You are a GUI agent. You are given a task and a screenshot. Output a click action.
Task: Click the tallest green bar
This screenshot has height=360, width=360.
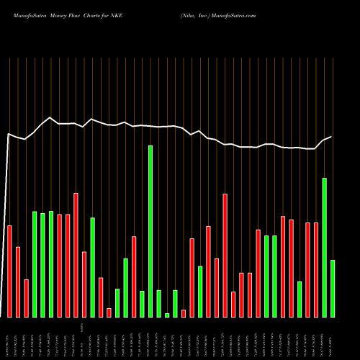[x=150, y=231]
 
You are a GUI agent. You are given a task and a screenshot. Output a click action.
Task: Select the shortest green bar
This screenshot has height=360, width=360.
[x=167, y=315]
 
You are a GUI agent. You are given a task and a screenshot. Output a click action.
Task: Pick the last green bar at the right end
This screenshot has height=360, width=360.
[x=333, y=288]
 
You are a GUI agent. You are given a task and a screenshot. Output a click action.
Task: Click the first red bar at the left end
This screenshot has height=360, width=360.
[x=9, y=271]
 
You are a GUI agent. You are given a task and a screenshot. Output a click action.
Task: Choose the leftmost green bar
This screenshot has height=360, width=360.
[x=35, y=264]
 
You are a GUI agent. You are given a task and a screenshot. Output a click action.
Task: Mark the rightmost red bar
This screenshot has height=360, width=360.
[x=316, y=270]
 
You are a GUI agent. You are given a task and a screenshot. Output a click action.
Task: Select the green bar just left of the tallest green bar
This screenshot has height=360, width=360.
[x=142, y=304]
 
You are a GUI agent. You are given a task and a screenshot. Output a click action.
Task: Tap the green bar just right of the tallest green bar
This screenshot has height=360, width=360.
[x=158, y=303]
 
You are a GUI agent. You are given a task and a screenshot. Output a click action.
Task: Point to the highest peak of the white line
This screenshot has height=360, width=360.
[x=50, y=117]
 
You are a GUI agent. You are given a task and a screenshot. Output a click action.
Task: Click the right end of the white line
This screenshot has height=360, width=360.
[x=332, y=137]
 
